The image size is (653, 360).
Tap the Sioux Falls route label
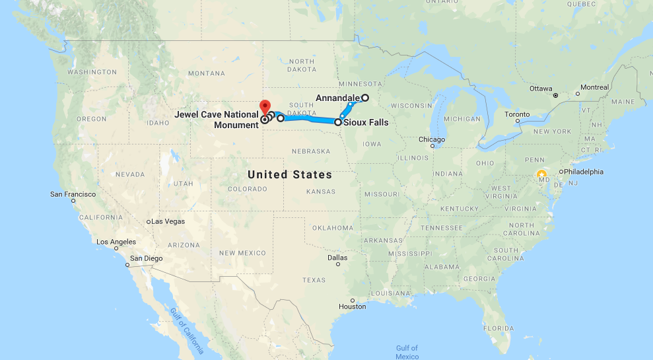pos(366,122)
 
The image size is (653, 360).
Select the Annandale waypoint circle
pos(364,98)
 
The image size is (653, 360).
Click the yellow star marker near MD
pos(542,175)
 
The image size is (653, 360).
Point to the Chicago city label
pos(431,139)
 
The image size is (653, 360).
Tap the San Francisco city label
pos(73,194)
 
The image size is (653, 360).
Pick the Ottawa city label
pos(541,89)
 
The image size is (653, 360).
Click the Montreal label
pos(594,87)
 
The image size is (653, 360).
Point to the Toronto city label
pos(517,114)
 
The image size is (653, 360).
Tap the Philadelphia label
pos(582,172)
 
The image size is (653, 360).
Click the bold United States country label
pos(290,174)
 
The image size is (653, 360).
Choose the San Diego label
pos(146,258)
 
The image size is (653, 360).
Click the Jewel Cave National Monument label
pos(217,119)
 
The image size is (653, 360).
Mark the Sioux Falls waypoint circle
pos(338,122)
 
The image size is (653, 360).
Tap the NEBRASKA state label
pos(310,151)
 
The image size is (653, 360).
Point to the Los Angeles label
pos(116,242)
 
